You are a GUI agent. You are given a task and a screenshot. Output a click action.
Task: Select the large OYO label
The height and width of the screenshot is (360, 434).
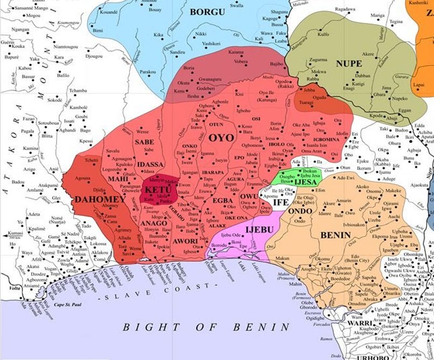(x=221, y=138)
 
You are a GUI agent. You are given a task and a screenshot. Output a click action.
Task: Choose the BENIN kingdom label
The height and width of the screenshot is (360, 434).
(x=336, y=235)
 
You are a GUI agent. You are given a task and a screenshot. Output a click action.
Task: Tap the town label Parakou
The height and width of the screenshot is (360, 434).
(x=147, y=71)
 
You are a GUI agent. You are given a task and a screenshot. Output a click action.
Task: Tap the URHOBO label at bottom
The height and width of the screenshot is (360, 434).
(x=374, y=356)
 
